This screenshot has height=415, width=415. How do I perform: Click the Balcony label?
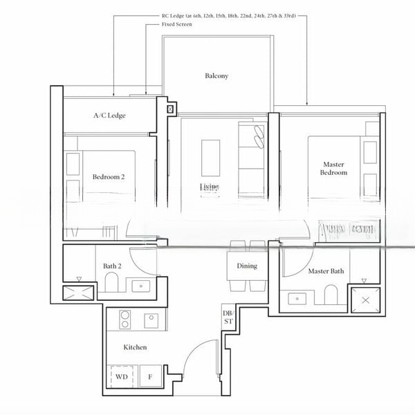tap(216, 76)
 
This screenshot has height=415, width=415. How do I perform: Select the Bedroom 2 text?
tap(109, 177)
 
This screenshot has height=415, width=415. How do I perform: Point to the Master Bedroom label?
tap(334, 169)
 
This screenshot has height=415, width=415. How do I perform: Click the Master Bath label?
tap(326, 271)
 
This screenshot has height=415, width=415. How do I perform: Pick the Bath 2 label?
tap(113, 266)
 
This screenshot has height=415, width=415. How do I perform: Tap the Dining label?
tap(247, 266)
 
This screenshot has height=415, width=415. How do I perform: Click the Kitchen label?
tap(135, 347)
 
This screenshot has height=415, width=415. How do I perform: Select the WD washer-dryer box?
tap(122, 378)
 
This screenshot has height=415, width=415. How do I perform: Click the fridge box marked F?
tap(150, 378)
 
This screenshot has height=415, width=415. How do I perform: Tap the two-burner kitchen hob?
tap(126, 320)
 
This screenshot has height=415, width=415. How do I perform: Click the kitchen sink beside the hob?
tap(151, 320)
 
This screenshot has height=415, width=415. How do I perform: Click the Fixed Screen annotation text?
tap(177, 24)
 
